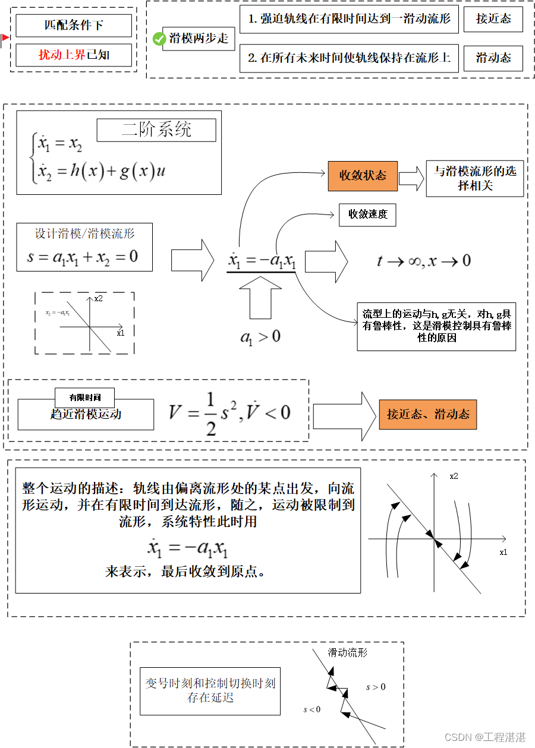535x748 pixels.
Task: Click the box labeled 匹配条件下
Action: point(74,25)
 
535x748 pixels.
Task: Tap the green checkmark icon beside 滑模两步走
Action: point(159,39)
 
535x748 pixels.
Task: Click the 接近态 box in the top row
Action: point(493,19)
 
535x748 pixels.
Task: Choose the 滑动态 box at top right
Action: point(493,58)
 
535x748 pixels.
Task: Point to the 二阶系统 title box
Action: point(156,130)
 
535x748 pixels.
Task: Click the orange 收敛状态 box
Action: point(363,176)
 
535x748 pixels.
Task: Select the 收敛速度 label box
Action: point(367,214)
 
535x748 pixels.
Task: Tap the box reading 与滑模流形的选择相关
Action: point(474,178)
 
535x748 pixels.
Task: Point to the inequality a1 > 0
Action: point(260,337)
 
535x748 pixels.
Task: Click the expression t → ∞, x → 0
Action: point(424,261)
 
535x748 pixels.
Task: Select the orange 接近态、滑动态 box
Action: point(427,414)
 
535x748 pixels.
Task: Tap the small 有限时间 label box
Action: point(84,397)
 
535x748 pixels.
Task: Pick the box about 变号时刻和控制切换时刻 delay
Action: point(210,690)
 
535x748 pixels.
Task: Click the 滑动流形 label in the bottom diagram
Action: point(348,652)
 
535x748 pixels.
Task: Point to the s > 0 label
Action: point(376,687)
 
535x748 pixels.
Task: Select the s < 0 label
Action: point(312,709)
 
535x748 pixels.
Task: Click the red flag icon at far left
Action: point(5,40)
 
